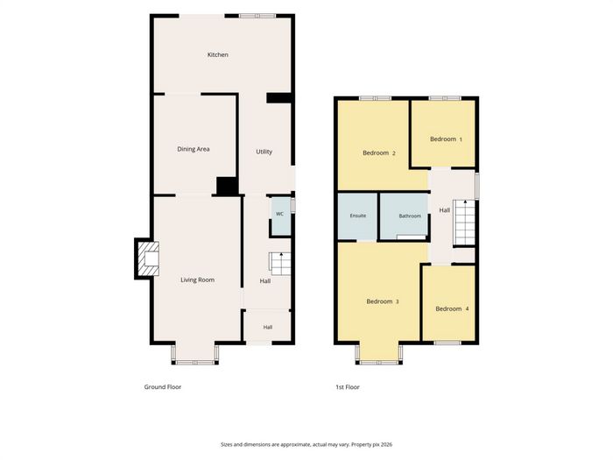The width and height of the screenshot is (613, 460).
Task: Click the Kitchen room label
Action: [x=218, y=54]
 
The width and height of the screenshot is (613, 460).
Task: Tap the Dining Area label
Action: [x=194, y=149]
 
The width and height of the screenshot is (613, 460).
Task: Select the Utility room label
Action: [x=264, y=152]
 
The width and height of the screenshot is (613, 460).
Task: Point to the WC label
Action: [x=279, y=214]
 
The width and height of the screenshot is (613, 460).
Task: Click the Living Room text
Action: [x=197, y=280]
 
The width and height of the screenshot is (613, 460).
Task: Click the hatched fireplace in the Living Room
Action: [x=147, y=258]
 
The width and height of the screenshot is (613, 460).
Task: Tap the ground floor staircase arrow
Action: [x=281, y=258]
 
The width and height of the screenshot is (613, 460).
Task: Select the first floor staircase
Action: [x=464, y=223]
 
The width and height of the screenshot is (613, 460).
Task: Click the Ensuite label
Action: [x=358, y=216]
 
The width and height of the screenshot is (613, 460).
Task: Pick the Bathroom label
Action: [x=410, y=216]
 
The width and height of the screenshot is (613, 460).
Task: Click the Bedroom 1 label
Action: [x=446, y=138]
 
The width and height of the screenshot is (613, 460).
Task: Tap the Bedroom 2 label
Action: [x=379, y=153]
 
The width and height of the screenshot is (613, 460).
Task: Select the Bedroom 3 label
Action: [x=383, y=301]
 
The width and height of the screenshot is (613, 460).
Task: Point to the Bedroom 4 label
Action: [x=452, y=308]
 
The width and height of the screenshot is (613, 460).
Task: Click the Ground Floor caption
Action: [x=163, y=387]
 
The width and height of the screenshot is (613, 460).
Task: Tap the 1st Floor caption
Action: [x=348, y=387]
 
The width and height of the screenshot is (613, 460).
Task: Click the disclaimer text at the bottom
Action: [x=306, y=444]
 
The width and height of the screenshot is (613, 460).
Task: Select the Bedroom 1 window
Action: [x=445, y=98]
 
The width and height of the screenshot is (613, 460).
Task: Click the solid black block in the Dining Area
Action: [x=227, y=186]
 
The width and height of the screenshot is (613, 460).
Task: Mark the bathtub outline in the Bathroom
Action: [x=412, y=237]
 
